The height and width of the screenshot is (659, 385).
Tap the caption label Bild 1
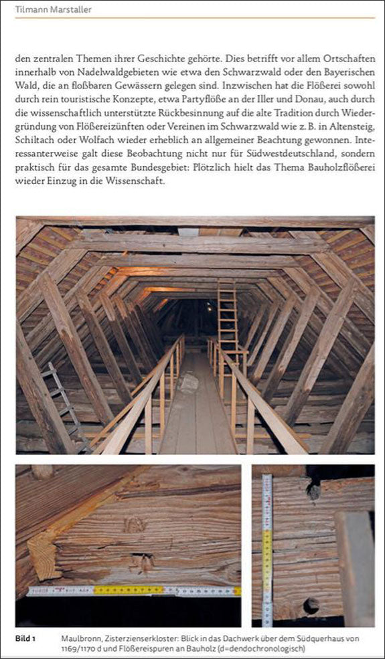pos(26,638)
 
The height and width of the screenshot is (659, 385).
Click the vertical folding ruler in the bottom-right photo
pos(267,549)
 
